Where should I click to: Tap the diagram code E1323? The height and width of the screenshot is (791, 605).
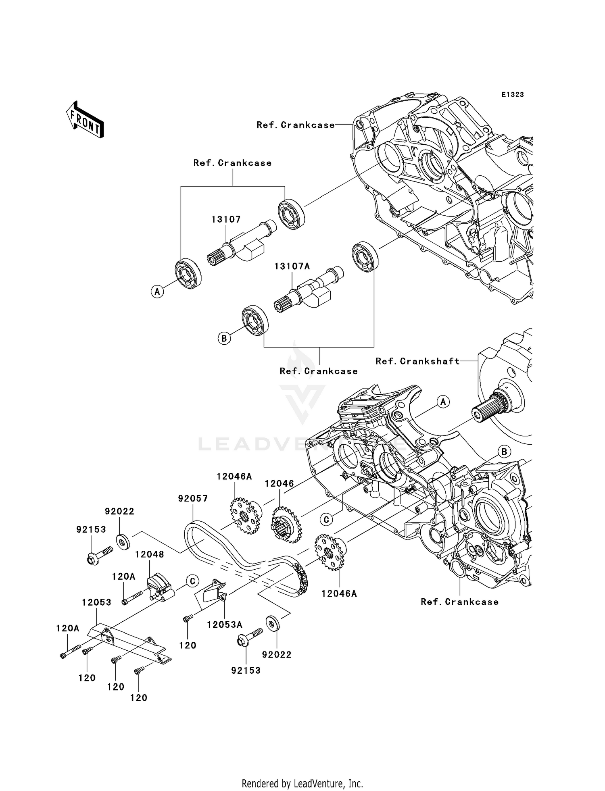[512, 95]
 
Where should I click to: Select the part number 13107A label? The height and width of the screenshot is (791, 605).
[292, 266]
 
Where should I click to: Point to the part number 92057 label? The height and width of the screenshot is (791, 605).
[193, 499]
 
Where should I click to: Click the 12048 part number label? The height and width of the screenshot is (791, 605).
[149, 554]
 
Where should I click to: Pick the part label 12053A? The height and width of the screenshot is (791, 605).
[224, 624]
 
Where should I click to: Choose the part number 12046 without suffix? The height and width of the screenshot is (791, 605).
[279, 484]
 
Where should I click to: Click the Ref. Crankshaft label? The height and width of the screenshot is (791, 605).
[417, 361]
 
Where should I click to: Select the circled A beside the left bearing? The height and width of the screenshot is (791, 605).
[157, 291]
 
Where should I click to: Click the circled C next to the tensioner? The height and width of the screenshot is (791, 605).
[192, 581]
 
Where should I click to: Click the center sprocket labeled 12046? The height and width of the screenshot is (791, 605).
[285, 525]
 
